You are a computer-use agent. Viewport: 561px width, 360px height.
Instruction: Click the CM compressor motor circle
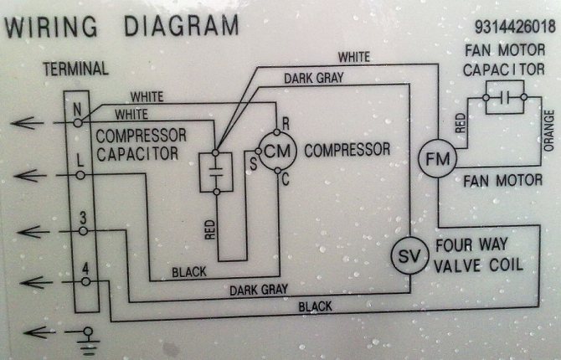point(275,151)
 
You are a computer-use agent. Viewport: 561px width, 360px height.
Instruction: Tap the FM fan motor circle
point(434,158)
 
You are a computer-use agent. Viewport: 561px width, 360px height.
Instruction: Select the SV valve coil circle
point(410,255)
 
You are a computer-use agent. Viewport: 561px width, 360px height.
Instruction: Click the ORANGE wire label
point(549,131)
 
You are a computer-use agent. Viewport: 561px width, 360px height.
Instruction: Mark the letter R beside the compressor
point(286,122)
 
